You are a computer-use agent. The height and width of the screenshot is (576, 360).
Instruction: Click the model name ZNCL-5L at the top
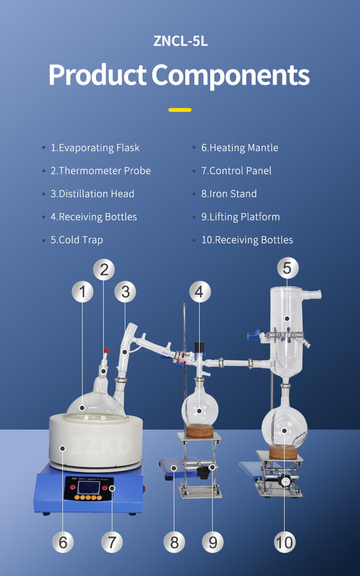coord(180,41)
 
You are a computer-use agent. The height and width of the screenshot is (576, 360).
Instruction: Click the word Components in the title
coord(230,75)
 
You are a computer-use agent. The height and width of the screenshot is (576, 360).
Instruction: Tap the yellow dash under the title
coord(180,110)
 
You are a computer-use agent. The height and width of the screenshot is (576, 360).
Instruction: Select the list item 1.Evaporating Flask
coord(95,148)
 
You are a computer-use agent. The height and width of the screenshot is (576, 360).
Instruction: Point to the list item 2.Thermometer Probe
coord(100,171)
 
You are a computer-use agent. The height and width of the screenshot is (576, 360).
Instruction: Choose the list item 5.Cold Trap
coord(77,240)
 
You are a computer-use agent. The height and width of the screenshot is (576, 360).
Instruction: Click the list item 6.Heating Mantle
coord(240,148)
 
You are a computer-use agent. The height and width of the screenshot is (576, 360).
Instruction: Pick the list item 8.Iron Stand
coord(229,194)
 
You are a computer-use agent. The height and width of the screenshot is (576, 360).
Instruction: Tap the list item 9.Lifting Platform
coord(240,217)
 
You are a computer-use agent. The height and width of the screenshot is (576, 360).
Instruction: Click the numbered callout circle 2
coord(104,269)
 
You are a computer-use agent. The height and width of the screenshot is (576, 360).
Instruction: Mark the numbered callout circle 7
coord(112,542)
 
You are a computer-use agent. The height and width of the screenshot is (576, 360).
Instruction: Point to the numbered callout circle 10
coord(285,542)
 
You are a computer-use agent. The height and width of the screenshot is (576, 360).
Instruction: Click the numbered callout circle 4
coord(200,292)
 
